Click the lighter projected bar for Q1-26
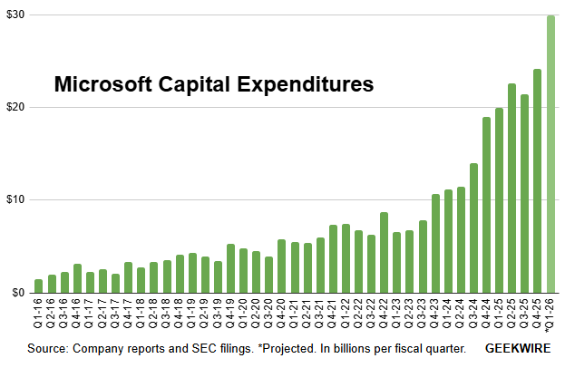pyautogui.click(x=550, y=154)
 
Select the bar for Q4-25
pyautogui.click(x=538, y=181)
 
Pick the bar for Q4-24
pyautogui.click(x=487, y=205)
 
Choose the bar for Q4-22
pyautogui.click(x=385, y=253)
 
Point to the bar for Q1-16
pyautogui.click(x=38, y=286)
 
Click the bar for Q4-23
pyautogui.click(x=435, y=244)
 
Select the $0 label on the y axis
pyautogui.click(x=17, y=293)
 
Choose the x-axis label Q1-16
pyautogui.click(x=38, y=314)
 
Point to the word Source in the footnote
pyautogui.click(x=48, y=348)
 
